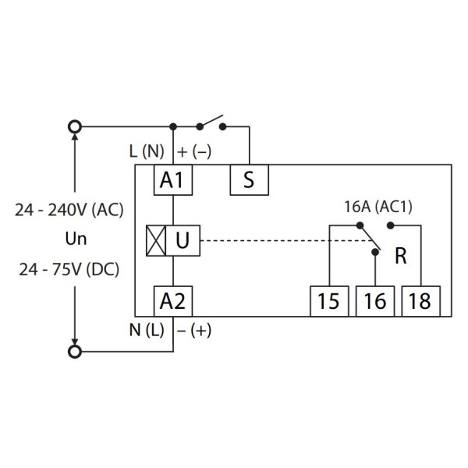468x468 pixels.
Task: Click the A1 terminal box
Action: [x=172, y=180]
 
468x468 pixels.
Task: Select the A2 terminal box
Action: [x=172, y=300]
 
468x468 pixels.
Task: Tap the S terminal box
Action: [x=249, y=180]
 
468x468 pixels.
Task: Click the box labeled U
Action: [x=182, y=240]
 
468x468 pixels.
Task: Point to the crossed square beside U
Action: [x=154, y=240]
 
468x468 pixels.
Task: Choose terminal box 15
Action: [x=329, y=301]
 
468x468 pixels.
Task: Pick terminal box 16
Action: [x=374, y=301]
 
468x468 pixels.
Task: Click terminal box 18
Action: [x=420, y=301]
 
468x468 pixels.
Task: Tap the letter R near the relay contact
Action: [x=401, y=257]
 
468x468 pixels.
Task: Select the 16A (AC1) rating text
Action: [x=378, y=207]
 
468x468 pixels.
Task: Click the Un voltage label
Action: [x=72, y=239]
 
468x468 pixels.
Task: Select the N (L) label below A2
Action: [x=145, y=328]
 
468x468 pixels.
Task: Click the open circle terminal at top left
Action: [x=75, y=126]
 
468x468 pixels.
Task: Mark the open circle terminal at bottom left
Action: [x=75, y=352]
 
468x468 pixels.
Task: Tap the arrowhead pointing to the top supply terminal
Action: [x=75, y=139]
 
